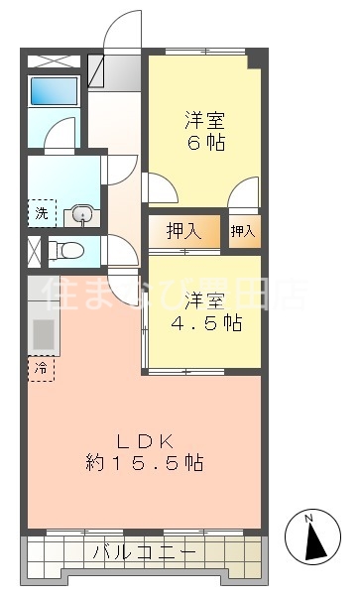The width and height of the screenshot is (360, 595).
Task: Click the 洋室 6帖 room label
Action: [x=203, y=132]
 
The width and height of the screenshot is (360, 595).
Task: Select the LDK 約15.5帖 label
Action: [x=146, y=451]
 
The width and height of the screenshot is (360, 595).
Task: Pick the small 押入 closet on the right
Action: [x=243, y=232]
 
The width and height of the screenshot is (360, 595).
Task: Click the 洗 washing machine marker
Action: [x=42, y=212]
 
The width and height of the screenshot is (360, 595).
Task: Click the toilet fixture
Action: [x=67, y=250]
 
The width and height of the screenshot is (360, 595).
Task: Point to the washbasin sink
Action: [x=81, y=213]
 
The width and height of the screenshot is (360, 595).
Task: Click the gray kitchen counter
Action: [x=43, y=330]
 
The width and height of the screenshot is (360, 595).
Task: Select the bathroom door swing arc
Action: [x=62, y=132]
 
